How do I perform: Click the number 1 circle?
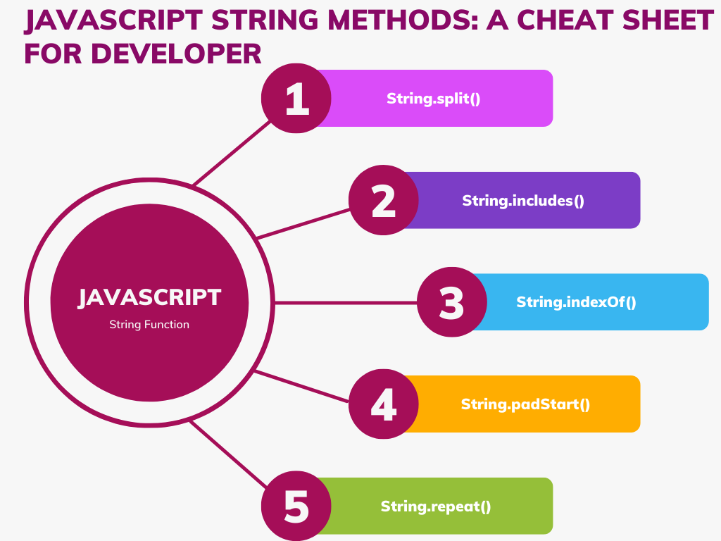click(296, 99)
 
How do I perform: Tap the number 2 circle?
click(384, 200)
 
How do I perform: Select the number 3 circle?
click(451, 302)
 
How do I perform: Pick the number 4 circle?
click(384, 404)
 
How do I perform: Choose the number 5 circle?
click(296, 506)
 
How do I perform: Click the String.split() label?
click(434, 99)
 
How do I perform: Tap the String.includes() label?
click(523, 200)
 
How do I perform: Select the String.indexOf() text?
click(576, 302)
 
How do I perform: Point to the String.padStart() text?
click(525, 404)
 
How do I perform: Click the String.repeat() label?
click(436, 506)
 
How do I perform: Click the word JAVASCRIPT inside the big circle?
click(149, 297)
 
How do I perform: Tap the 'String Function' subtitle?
click(149, 325)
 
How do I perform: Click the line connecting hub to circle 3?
click(345, 302)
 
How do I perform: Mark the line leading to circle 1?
click(232, 153)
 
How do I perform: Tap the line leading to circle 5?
click(229, 454)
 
